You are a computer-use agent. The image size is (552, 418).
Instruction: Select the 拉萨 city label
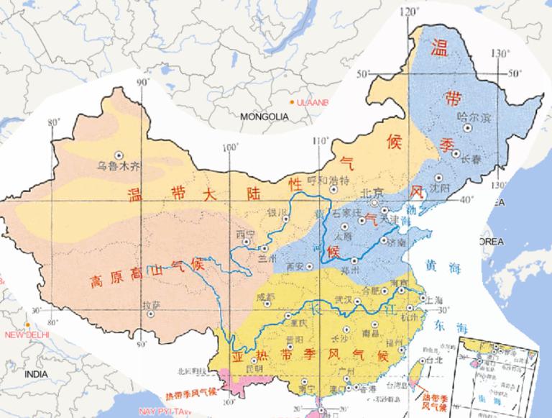pos(151,304)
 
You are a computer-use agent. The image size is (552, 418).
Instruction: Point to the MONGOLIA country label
pos(264,117)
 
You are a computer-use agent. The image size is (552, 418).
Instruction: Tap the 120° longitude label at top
pos(410,11)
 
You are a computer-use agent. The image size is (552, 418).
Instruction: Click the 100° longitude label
pos(230,147)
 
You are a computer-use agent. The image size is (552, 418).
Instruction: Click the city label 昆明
pos(254,368)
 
